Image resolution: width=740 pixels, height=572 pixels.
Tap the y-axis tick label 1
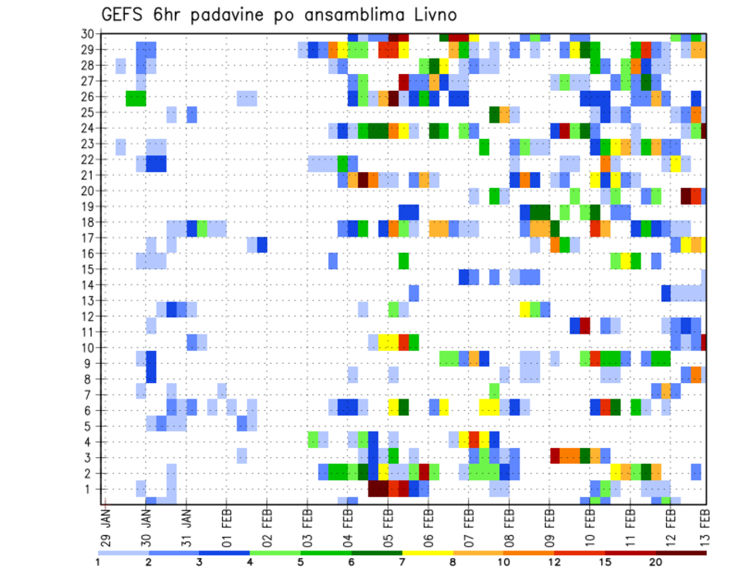tap(91, 489)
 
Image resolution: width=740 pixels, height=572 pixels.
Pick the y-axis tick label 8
tap(91, 379)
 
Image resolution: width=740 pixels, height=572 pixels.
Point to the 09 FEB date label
tap(550, 520)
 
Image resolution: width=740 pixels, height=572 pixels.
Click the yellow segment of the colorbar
tap(428, 553)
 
